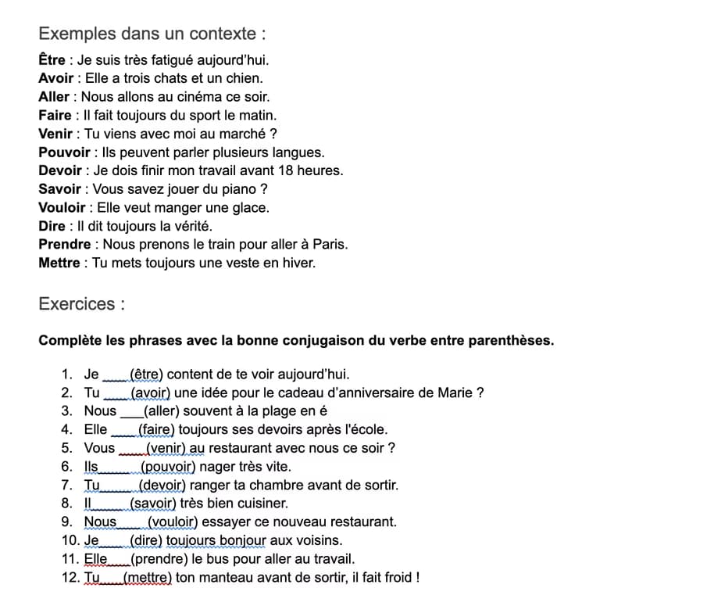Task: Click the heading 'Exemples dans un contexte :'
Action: pos(152,34)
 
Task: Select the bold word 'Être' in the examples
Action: pos(52,60)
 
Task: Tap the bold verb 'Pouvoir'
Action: pos(64,152)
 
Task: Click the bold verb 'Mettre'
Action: pos(59,263)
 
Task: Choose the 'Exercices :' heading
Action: pos(81,304)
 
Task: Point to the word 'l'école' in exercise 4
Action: pos(366,429)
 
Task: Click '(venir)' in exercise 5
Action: pos(166,448)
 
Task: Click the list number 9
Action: pos(66,522)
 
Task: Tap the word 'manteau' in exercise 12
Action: pos(202,579)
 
